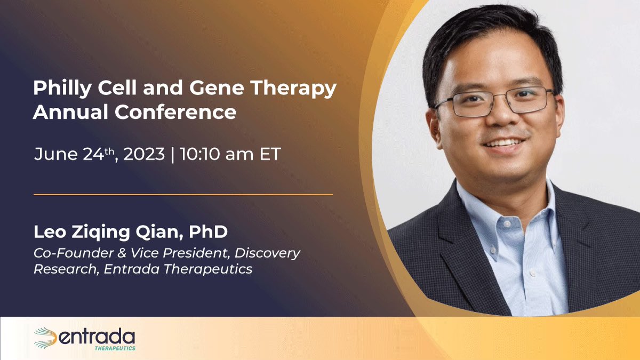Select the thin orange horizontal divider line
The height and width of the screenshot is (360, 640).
(183, 195)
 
